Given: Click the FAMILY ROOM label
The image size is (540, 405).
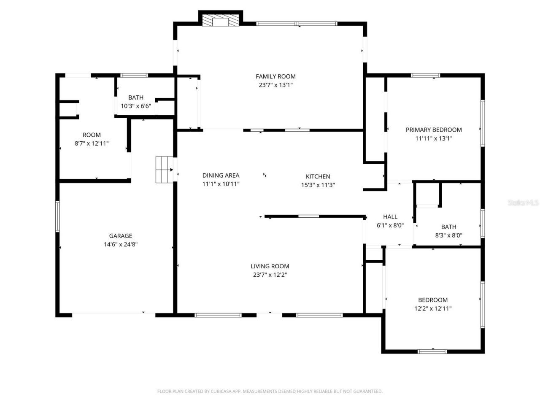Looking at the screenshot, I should pos(275,76).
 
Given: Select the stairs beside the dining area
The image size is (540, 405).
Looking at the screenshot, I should pos(164,170).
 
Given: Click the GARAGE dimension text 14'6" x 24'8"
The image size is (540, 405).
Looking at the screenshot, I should pos(121,244).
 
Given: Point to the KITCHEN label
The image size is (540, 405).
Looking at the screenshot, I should pos(318,176).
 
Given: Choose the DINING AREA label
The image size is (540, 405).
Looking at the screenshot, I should pos(221,175).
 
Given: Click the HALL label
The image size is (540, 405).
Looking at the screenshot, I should pos(390,217).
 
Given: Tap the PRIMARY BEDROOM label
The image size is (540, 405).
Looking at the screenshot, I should pos(434,130).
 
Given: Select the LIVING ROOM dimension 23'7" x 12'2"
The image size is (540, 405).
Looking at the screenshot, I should pos(270,275).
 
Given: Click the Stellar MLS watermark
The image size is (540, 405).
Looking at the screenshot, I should pos(523,203).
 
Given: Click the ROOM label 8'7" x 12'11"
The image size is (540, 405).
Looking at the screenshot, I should pos(92,135).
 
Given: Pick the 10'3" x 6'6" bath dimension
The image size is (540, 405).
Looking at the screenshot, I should pos(136,106).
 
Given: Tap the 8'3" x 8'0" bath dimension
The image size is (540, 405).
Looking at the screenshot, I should pos(448,235).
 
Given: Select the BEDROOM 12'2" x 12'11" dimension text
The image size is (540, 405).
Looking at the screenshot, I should pos(433,308).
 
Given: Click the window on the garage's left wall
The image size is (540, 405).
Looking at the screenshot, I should pos(58,216).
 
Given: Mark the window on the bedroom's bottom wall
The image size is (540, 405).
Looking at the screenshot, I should pos(432,351).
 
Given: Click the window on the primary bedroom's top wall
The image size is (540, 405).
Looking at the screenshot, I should pos(425,76).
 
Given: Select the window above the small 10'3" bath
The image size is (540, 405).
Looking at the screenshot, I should pos(134,76).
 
